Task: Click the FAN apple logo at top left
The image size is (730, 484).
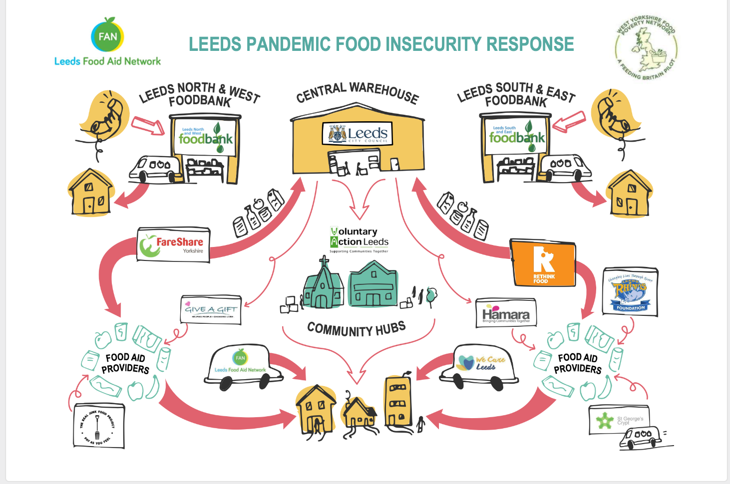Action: click(107, 36)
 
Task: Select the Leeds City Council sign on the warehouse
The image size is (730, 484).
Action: click(358, 134)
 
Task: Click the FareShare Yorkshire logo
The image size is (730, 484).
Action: click(173, 245)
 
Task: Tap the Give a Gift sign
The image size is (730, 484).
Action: click(211, 310)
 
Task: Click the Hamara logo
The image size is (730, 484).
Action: click(506, 313)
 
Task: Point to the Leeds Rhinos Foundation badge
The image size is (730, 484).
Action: click(631, 292)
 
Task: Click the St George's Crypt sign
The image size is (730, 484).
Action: click(619, 420)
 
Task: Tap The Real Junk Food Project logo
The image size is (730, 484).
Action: click(98, 426)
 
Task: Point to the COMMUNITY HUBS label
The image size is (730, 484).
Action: click(356, 329)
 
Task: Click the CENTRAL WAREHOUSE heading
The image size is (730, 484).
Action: click(357, 93)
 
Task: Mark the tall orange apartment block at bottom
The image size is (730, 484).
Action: click(398, 401)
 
